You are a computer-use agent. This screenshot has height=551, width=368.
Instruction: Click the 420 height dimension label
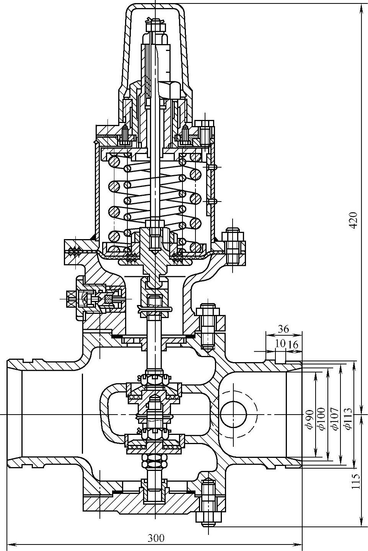pos(353,220)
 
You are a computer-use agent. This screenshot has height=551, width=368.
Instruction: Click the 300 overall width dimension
pos(156,538)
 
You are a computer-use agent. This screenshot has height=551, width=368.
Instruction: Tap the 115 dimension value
pos(356,482)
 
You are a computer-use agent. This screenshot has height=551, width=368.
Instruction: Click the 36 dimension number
pos(283,329)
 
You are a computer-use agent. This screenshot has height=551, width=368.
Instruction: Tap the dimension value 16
pos(293,344)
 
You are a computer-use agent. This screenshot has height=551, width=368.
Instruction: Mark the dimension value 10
pos(280,343)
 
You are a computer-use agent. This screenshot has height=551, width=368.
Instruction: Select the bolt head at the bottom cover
pos(208,517)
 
